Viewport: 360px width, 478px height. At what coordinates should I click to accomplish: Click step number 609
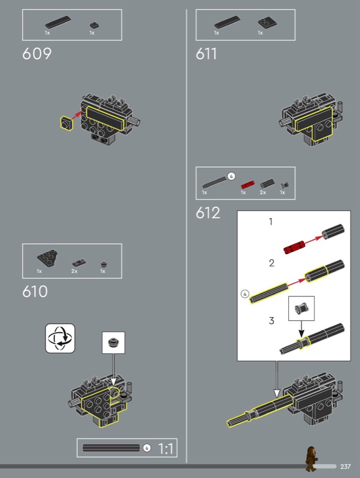point(37,54)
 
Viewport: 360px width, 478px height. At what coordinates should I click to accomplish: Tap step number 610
point(35,292)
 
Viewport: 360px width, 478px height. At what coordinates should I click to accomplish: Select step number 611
point(206,54)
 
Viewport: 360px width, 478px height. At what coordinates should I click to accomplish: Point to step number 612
point(208,213)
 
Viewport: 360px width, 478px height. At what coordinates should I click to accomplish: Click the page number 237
point(345,467)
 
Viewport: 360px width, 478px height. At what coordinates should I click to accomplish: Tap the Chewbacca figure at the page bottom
point(310,458)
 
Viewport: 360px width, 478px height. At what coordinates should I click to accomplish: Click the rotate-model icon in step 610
point(61,338)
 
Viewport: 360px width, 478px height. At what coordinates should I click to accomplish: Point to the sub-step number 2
point(271,262)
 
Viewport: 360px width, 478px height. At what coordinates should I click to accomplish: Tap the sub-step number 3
point(271,321)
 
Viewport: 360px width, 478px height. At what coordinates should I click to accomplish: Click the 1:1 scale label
point(166,448)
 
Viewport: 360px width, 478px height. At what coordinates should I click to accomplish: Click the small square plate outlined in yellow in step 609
point(65,124)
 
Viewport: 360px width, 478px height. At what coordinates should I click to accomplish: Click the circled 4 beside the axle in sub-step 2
point(244,294)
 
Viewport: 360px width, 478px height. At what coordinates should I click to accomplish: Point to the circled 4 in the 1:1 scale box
point(147,448)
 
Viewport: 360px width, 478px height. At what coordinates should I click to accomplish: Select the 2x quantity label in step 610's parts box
point(74,271)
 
